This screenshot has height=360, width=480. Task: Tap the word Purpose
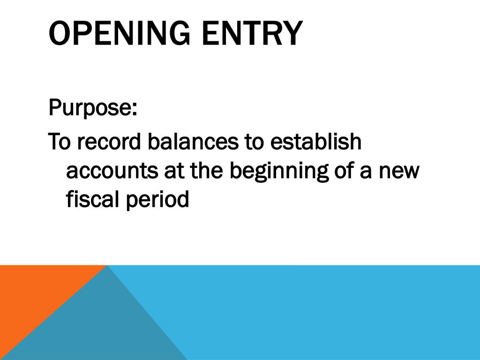tap(90, 109)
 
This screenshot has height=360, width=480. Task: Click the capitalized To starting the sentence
tap(60, 141)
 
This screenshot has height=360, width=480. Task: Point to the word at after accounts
tap(173, 172)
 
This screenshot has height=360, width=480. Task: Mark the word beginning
tap(277, 172)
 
